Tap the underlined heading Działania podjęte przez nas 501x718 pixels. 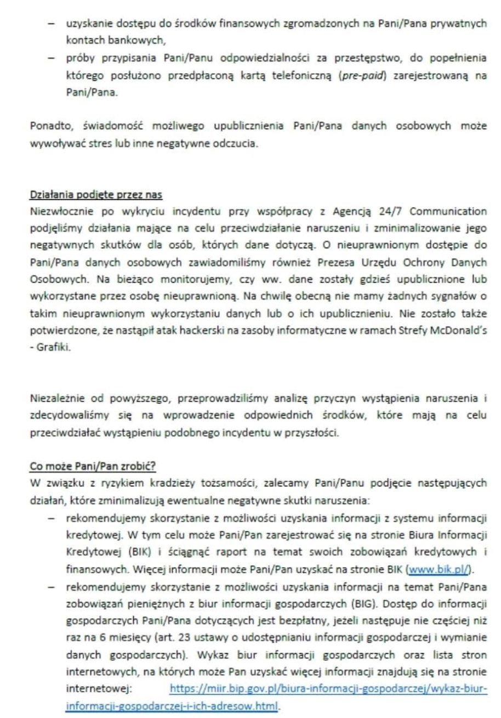[x=96, y=195]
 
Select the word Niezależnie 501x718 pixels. [x=56, y=397]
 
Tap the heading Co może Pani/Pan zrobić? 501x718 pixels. [x=93, y=467]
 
